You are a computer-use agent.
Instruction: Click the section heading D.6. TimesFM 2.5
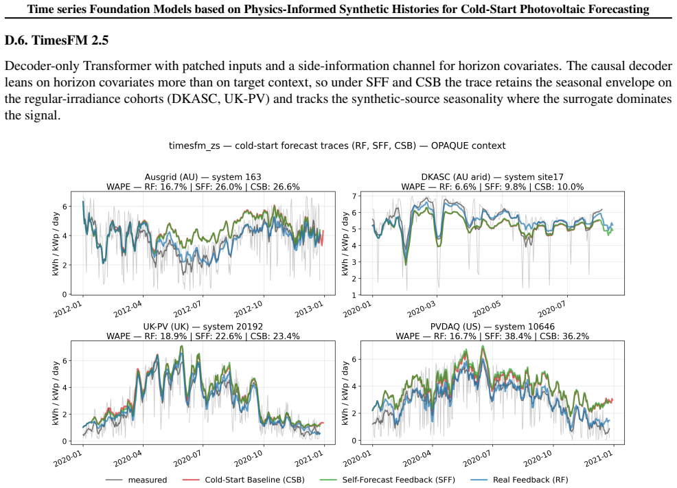[56, 40]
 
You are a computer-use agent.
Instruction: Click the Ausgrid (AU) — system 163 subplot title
[203, 177]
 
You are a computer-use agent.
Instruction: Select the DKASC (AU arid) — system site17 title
[492, 177]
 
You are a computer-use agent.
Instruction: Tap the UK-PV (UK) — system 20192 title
[203, 327]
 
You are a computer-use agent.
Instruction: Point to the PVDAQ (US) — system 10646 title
[492, 327]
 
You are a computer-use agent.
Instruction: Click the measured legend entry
[137, 480]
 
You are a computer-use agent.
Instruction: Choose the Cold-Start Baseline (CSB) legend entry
[244, 480]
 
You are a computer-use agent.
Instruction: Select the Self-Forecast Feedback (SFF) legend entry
[387, 480]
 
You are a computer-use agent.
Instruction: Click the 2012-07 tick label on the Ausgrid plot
[188, 309]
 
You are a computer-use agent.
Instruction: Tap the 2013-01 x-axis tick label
[309, 309]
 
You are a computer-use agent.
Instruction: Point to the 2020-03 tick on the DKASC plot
[422, 309]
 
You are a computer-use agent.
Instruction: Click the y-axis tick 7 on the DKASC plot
[354, 196]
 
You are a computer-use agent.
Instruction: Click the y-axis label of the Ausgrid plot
[55, 244]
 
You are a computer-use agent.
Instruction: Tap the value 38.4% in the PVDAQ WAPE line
[520, 336]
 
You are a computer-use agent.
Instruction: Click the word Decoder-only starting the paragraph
[42, 66]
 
